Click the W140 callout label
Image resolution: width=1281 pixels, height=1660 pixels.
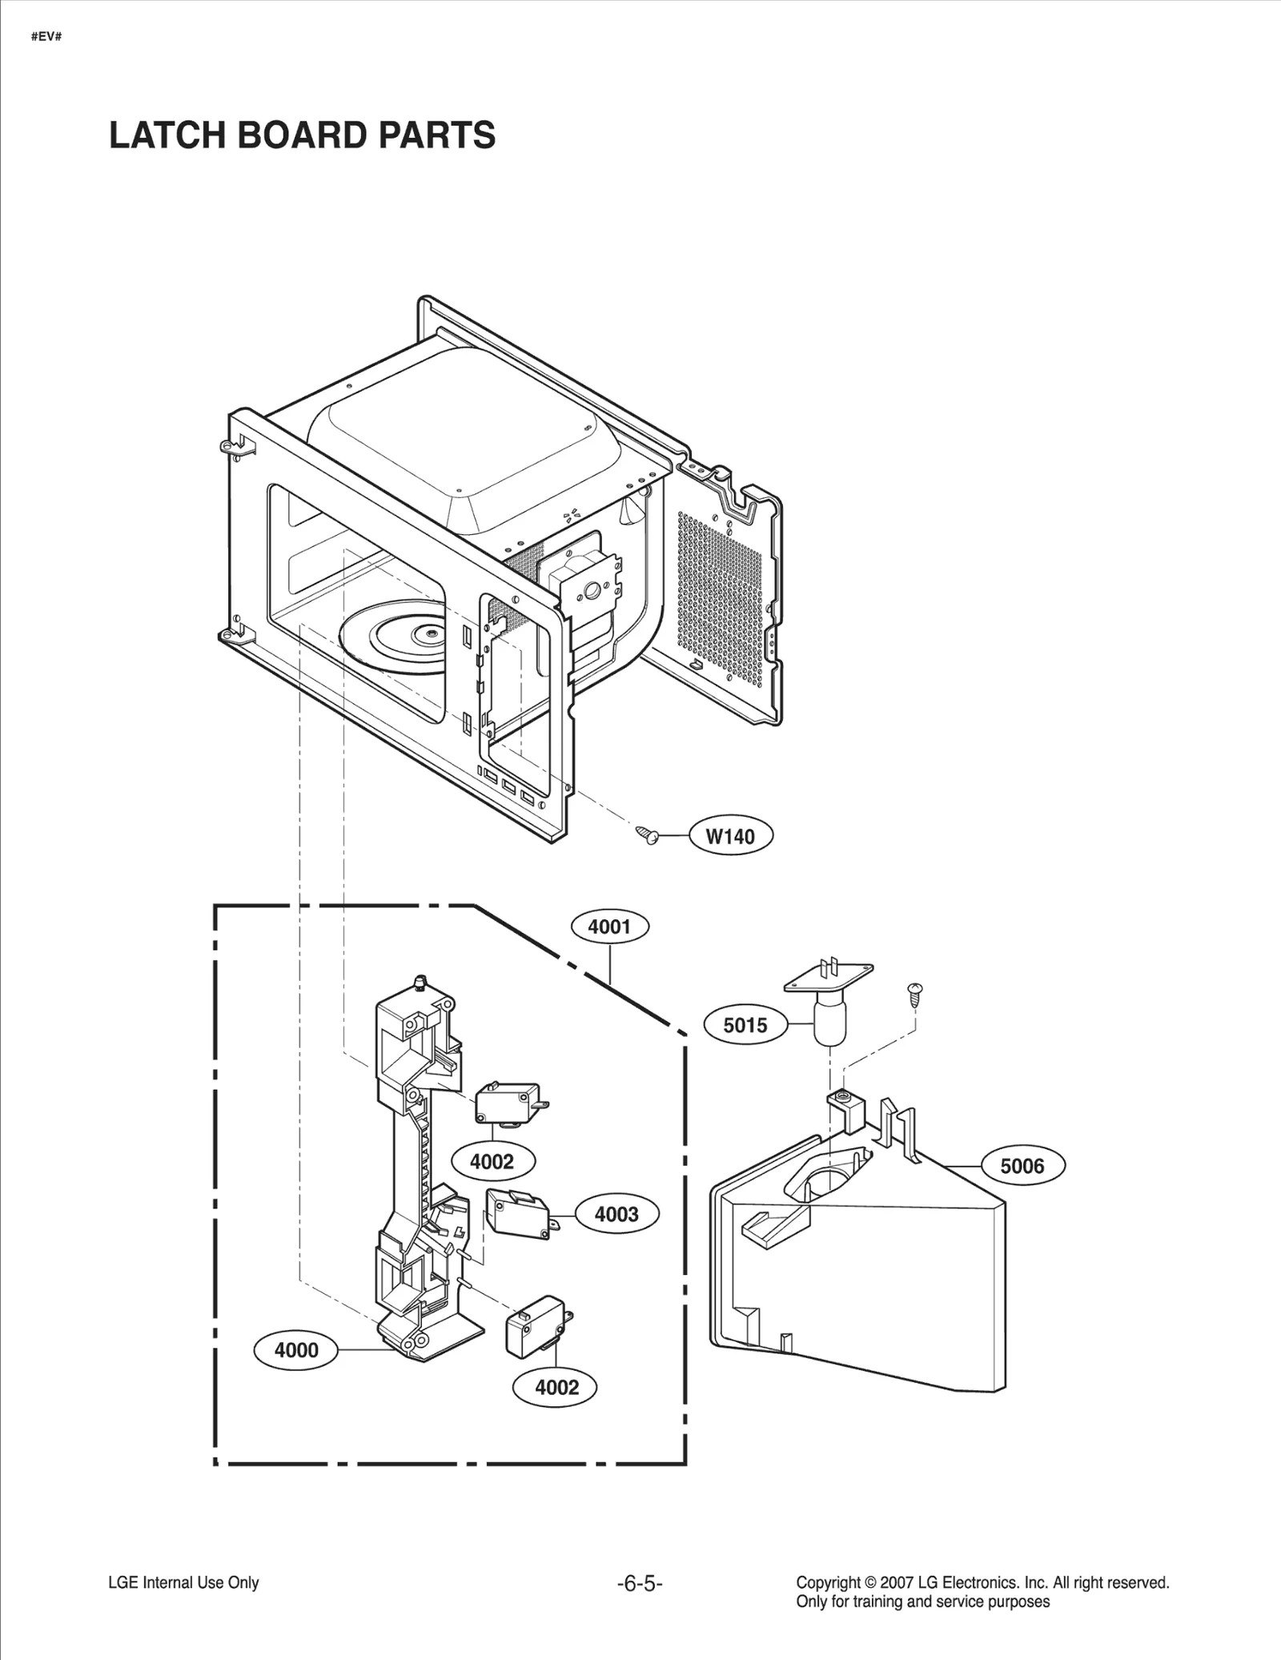click(x=730, y=836)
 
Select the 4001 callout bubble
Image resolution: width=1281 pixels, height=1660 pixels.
click(x=609, y=926)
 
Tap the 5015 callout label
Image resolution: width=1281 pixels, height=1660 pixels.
click(x=745, y=1025)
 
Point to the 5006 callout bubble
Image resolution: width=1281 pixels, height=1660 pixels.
click(x=1022, y=1166)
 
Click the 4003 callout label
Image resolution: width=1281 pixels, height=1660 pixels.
click(x=616, y=1214)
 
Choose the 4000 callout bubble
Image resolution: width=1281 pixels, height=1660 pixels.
click(x=296, y=1350)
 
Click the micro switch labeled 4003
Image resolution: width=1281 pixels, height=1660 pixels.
click(x=518, y=1215)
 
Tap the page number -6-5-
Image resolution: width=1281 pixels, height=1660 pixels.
click(x=640, y=1583)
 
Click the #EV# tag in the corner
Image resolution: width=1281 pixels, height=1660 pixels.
click(x=46, y=37)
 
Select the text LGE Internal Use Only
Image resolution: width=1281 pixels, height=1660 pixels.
click(x=183, y=1582)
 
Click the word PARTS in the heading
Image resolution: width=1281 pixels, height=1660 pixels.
click(x=436, y=135)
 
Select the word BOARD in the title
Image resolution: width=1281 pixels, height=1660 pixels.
click(x=303, y=135)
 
